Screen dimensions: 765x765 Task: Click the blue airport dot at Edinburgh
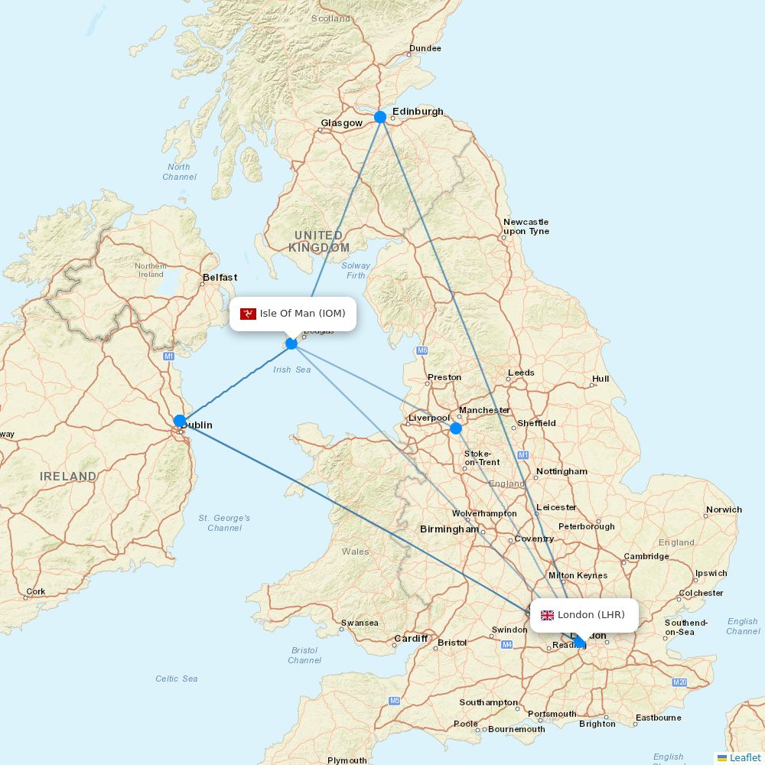pos(380,117)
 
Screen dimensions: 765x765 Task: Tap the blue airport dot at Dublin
pos(180,421)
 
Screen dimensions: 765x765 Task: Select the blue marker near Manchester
pos(456,428)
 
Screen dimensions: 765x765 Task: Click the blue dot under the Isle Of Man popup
pos(291,343)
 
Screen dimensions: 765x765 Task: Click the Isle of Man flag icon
pos(248,314)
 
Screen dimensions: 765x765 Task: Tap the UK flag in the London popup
pos(547,615)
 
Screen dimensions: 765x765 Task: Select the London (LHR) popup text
pos(591,615)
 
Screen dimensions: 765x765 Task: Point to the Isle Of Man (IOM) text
pos(302,314)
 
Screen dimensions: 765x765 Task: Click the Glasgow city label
pos(341,123)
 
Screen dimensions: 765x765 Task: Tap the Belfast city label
pos(220,278)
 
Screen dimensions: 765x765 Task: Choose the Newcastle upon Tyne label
pos(526,226)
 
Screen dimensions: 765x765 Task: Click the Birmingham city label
pos(449,529)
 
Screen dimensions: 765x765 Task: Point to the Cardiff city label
pos(411,638)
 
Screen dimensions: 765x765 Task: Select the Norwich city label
pos(724,509)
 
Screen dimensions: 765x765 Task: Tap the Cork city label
pos(36,591)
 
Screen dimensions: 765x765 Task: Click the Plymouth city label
pos(347,760)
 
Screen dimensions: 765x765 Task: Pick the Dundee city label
pos(425,48)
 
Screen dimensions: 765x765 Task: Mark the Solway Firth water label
pos(356,270)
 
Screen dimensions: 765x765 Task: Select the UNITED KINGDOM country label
pos(319,241)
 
